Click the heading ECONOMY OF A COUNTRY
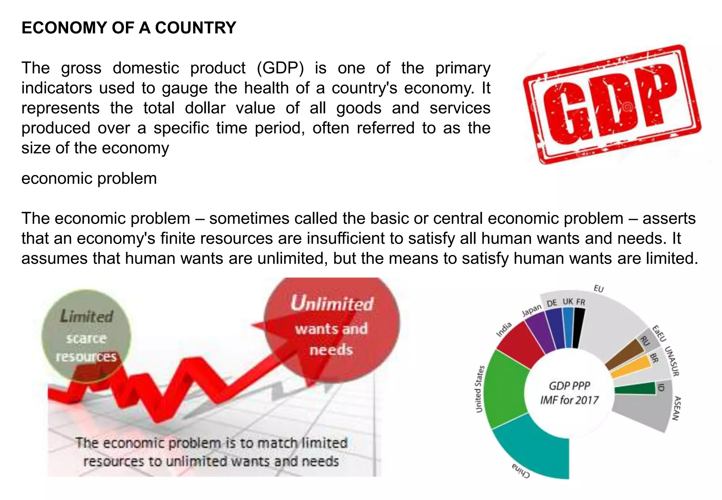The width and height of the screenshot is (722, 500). [x=129, y=28]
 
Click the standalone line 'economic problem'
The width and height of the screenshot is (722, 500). [x=89, y=178]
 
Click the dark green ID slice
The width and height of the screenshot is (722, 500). [x=635, y=389]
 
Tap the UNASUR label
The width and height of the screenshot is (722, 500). [x=672, y=361]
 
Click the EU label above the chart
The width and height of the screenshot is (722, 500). [x=599, y=289]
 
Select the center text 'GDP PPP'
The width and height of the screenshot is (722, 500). [x=569, y=386]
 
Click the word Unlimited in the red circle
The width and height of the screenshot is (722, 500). [x=332, y=304]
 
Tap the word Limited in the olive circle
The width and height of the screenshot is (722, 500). [x=86, y=316]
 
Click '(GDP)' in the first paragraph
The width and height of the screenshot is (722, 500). [x=280, y=68]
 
